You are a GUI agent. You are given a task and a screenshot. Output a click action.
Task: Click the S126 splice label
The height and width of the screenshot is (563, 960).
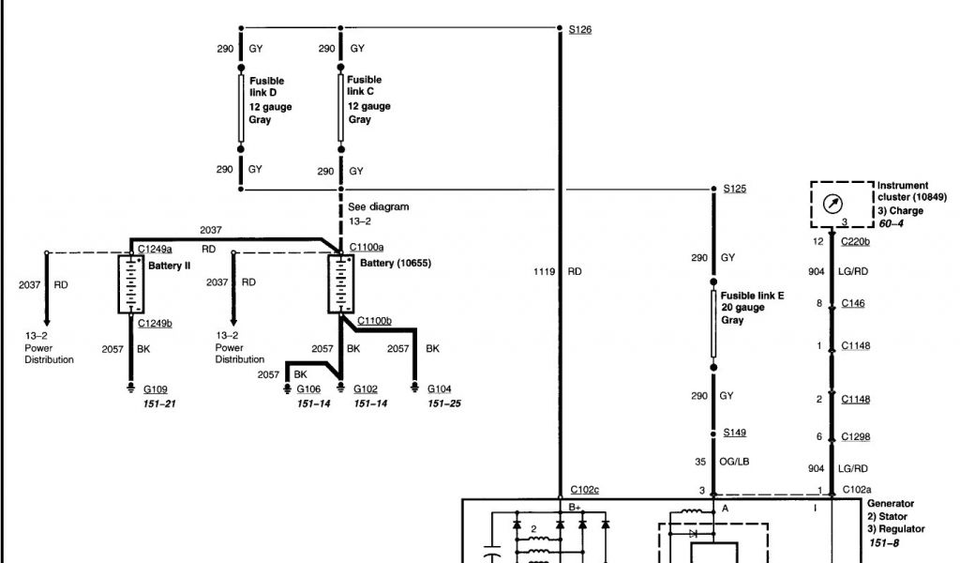580,30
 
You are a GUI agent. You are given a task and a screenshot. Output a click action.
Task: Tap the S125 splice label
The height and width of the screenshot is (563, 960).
735,189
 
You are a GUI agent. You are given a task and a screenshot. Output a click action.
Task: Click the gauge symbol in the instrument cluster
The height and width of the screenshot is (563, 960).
830,203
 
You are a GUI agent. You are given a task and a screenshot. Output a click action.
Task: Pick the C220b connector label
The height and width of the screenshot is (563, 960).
855,242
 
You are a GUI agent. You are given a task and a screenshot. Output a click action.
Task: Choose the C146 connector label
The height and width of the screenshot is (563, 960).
852,303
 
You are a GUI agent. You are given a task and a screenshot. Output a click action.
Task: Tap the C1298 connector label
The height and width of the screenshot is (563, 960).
855,436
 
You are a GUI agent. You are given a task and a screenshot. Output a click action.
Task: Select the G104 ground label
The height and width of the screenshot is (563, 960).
440,388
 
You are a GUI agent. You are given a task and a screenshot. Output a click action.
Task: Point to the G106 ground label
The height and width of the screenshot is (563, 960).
309,388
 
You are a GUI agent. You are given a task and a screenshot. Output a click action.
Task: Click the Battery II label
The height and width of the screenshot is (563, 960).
169,266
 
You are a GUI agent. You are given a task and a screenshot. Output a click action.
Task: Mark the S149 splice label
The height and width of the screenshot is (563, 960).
735,433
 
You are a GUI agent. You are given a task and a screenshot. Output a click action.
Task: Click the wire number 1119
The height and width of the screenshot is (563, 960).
545,272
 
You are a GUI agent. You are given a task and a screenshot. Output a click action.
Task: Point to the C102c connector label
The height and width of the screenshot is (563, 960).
584,490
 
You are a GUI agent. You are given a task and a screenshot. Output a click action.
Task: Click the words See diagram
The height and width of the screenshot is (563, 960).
378,206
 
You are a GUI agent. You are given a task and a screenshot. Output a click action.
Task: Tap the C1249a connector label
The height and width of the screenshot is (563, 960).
155,249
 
